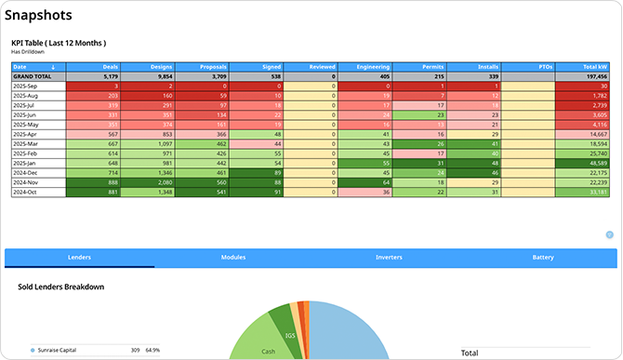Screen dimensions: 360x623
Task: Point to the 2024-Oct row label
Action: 25,193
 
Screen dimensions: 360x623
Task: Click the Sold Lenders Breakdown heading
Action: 60,287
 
